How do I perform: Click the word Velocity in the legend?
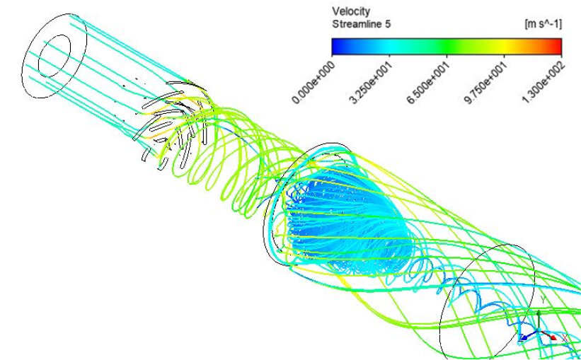tap(351, 11)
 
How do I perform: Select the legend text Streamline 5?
tap(362, 25)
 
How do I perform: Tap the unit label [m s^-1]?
tap(543, 25)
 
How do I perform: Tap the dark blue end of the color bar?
tap(337, 46)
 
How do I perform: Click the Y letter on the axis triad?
tap(543, 300)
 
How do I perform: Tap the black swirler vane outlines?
tap(174, 122)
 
